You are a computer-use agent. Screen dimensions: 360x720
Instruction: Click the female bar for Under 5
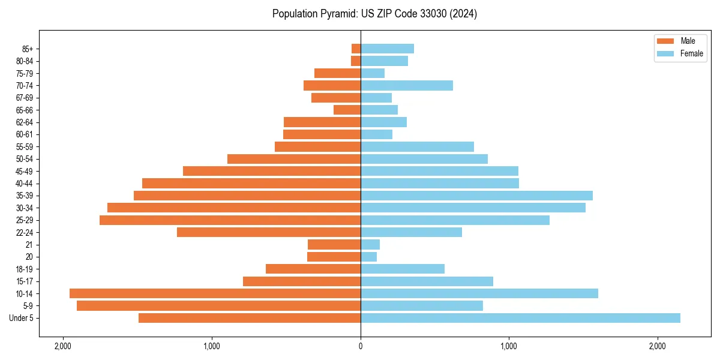point(520,318)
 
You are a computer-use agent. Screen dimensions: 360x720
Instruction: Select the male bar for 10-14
point(215,293)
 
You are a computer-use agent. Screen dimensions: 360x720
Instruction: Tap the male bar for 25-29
point(230,220)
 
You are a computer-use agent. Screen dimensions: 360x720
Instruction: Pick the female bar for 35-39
point(476,196)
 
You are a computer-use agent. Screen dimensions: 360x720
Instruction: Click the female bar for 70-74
point(407,85)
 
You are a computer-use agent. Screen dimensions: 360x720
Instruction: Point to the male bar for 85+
point(356,49)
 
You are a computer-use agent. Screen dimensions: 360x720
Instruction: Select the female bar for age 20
point(369,257)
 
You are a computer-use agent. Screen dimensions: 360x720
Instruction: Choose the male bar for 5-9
point(218,306)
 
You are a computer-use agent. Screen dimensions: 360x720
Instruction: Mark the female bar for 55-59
point(417,146)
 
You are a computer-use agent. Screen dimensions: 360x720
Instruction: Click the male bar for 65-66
point(347,110)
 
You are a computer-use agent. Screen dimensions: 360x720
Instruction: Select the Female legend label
point(691,53)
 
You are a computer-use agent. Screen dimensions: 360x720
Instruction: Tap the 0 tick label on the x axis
point(361,346)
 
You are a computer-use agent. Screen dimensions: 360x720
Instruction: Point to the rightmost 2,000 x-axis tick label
point(658,346)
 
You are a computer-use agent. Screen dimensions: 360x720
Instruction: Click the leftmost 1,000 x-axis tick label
point(211,346)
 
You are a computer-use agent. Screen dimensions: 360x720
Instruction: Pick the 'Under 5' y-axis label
point(22,318)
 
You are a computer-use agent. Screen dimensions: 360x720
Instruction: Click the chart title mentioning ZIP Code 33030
point(374,14)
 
